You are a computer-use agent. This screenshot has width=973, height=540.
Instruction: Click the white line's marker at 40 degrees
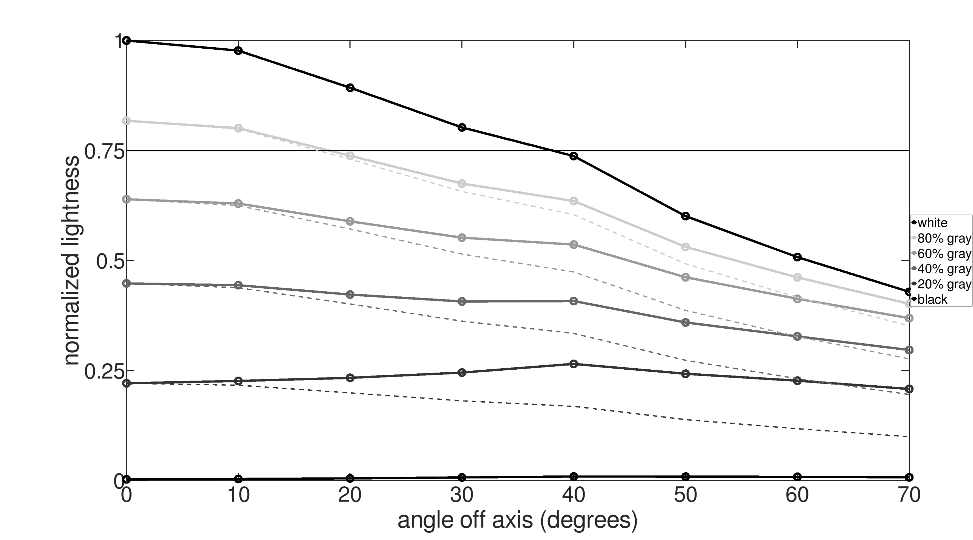pos(573,156)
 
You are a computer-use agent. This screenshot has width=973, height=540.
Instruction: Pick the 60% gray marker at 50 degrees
pos(685,277)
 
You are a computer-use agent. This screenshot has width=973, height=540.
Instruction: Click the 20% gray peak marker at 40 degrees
pos(573,364)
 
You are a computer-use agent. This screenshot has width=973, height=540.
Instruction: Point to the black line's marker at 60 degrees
pos(797,477)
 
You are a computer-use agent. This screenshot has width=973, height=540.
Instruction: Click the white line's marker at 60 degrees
pos(797,257)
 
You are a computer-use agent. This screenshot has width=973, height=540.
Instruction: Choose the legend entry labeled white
pos(932,223)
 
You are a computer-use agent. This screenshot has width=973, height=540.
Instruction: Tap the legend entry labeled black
pos(932,299)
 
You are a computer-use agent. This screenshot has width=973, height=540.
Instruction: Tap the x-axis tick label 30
pos(462,495)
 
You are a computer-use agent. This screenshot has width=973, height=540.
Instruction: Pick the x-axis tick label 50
pos(685,495)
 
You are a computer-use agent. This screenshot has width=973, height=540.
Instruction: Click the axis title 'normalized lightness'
pos(72,260)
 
